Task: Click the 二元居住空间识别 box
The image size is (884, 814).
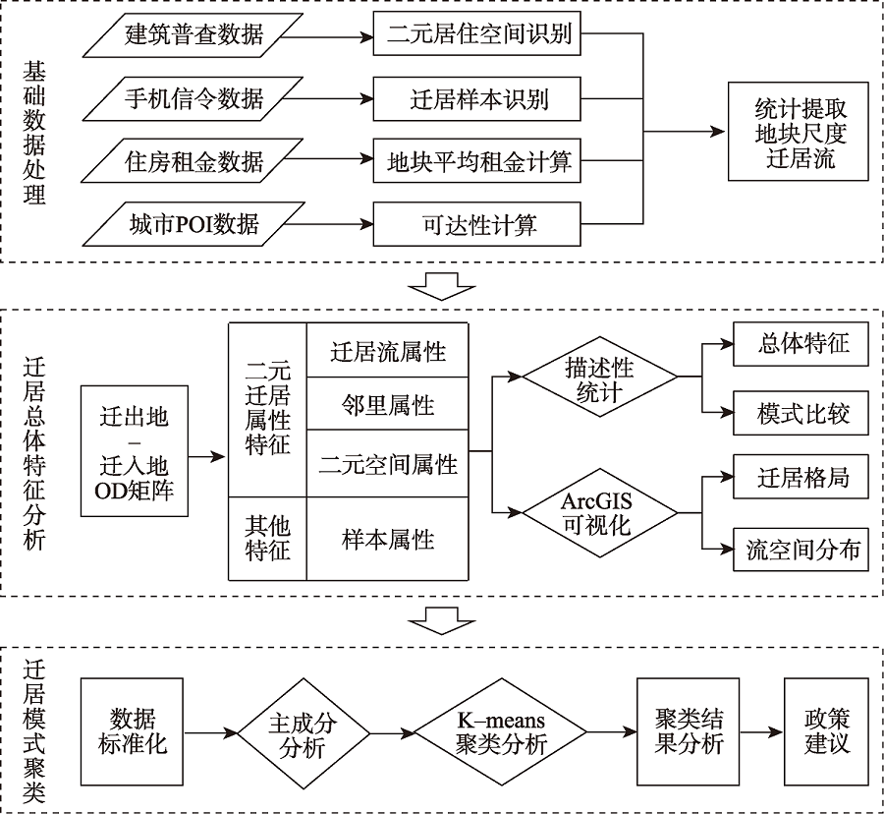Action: pos(479,37)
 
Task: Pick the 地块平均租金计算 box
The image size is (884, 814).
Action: pos(479,160)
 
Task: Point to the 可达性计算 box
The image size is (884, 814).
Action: pos(479,223)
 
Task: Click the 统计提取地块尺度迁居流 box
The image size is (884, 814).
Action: pos(798,132)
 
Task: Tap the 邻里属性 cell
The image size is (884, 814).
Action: pos(389,403)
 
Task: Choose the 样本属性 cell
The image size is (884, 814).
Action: pos(389,539)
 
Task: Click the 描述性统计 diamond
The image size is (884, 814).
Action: pos(599,378)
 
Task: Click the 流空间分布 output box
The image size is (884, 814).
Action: pos(802,549)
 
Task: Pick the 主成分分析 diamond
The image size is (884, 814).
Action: pos(303,731)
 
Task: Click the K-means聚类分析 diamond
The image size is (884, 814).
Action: pos(501,731)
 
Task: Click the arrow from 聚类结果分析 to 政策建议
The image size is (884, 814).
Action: pos(761,731)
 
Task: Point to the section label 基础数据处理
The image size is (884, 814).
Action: pos(35,132)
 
